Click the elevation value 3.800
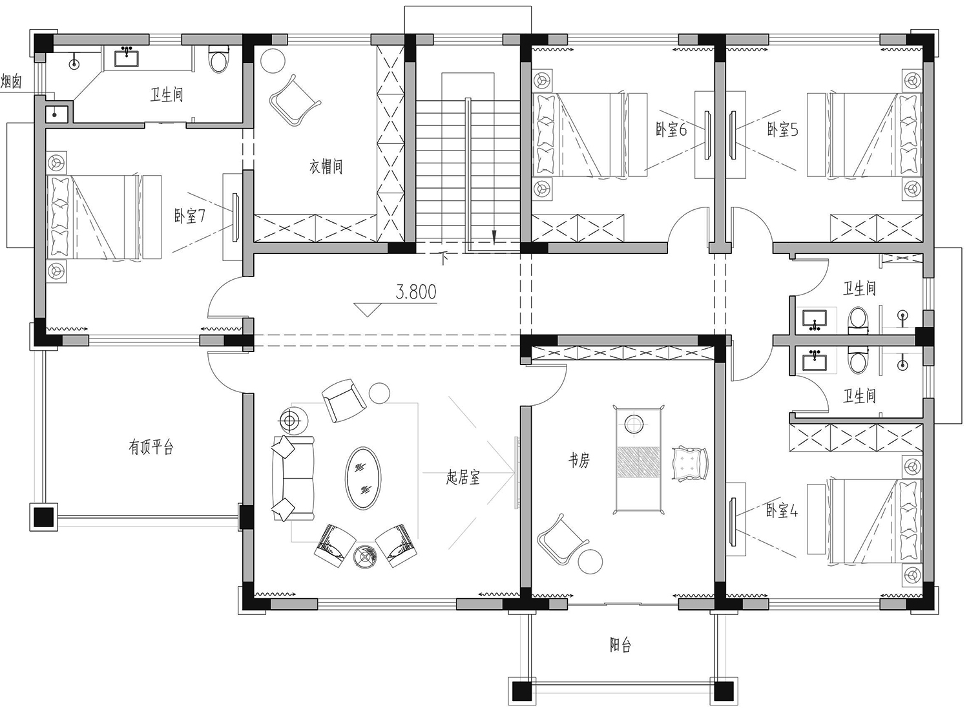click(416, 292)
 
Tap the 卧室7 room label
click(189, 216)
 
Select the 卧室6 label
click(671, 129)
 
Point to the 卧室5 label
click(782, 129)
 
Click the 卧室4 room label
click(782, 511)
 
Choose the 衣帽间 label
click(326, 166)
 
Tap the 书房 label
click(579, 461)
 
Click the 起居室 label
click(463, 477)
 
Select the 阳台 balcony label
click(620, 645)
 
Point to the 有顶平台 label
click(151, 447)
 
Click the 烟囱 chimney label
click(11, 81)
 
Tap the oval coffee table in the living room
click(363, 478)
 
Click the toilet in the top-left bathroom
click(218, 59)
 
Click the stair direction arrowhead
click(494, 237)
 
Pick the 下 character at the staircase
click(443, 259)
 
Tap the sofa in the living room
click(293, 478)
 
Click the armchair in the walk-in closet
click(295, 100)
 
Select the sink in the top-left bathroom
click(127, 58)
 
